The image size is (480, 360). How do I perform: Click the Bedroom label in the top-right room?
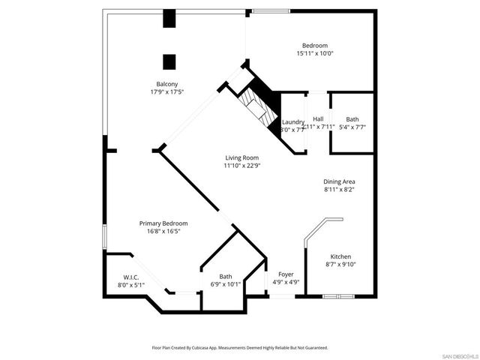(x=315, y=46)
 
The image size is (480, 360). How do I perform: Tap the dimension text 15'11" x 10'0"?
(x=315, y=53)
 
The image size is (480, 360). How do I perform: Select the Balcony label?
(x=166, y=83)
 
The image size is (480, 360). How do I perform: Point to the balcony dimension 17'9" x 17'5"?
(x=166, y=91)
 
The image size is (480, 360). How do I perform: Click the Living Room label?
(x=242, y=157)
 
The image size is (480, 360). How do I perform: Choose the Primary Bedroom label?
(x=163, y=223)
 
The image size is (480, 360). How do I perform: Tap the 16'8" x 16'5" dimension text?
(x=163, y=232)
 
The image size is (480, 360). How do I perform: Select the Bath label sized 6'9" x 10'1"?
(x=226, y=277)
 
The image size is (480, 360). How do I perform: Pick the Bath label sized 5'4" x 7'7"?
(x=352, y=119)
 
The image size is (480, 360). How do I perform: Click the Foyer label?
(x=285, y=274)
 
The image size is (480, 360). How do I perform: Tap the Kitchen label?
(x=340, y=256)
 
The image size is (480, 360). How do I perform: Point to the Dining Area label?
(x=339, y=181)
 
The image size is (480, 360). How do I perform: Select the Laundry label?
(x=292, y=121)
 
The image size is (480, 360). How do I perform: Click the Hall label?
(x=318, y=119)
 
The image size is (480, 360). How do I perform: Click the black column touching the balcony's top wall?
(x=169, y=18)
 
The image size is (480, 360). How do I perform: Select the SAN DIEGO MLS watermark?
(x=459, y=355)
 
